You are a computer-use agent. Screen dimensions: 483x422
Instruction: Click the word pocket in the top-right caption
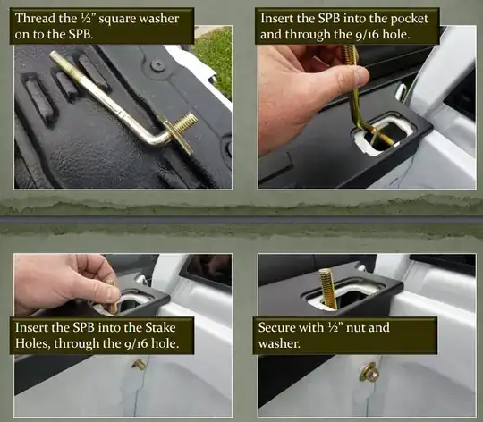[410, 19]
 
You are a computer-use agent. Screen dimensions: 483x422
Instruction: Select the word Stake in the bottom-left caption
[160, 327]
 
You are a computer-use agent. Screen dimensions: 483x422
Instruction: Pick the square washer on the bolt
[175, 134]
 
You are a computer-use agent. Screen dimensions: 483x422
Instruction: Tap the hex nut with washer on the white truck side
[369, 372]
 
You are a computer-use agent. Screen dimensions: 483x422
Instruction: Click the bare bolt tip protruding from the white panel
[139, 365]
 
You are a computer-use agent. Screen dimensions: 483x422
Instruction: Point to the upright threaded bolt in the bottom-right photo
[327, 289]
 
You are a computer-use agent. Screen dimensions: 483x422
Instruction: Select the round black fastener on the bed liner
[158, 65]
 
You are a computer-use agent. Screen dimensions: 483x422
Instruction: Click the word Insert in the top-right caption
[276, 18]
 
